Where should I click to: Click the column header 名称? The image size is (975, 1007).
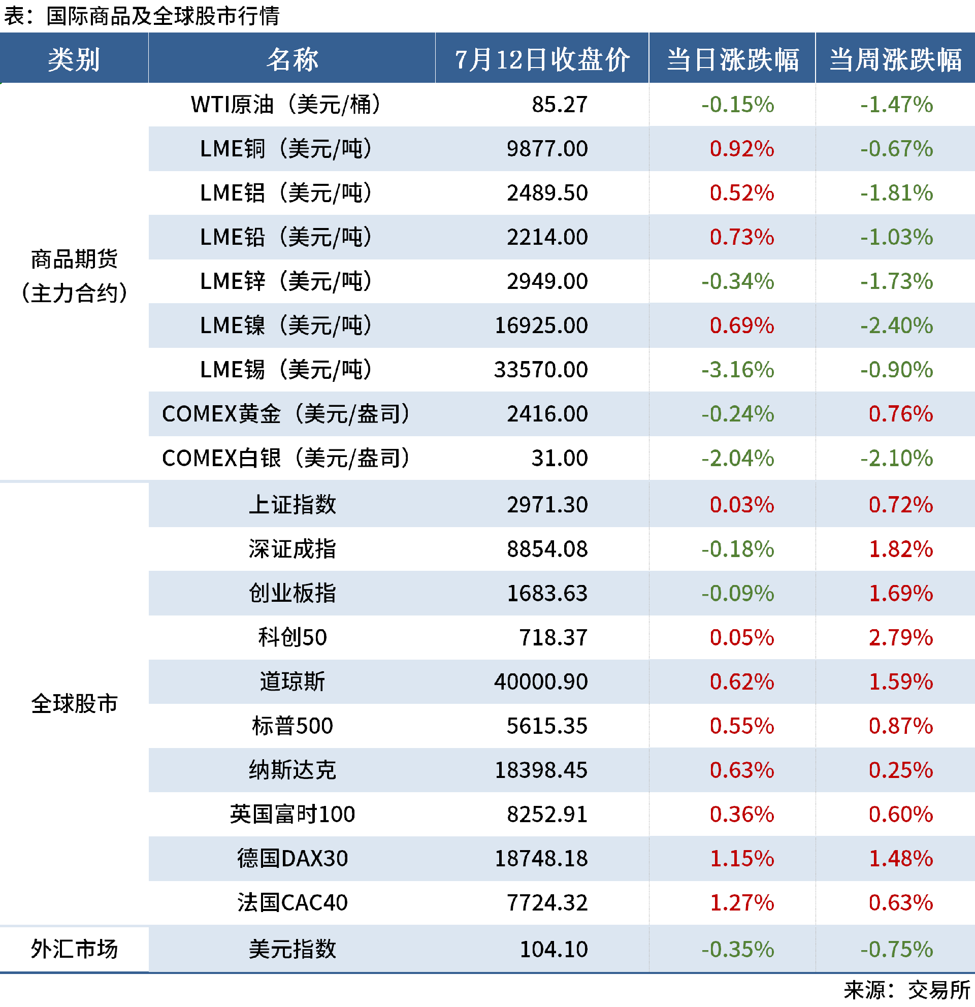[x=292, y=59]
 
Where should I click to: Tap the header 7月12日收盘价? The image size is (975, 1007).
[x=542, y=59]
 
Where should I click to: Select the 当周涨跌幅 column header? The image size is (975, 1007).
[x=895, y=59]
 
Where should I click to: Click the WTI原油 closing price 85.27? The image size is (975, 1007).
[x=560, y=105]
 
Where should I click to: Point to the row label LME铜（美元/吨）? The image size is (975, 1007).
[x=285, y=149]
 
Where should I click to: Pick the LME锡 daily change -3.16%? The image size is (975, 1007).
[x=738, y=370]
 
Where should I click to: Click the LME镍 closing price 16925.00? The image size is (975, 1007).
[x=541, y=326]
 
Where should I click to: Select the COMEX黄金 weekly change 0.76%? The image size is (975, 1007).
[x=900, y=414]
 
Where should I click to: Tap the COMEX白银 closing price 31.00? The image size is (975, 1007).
[x=560, y=458]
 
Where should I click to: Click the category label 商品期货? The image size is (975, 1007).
[x=75, y=259]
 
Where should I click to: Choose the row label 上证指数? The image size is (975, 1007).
[x=292, y=505]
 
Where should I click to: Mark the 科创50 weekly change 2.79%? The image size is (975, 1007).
[x=900, y=638]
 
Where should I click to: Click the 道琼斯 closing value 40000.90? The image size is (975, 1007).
[x=541, y=682]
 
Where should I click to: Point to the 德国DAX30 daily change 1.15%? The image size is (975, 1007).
[x=742, y=859]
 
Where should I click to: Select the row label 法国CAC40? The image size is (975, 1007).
[x=292, y=903]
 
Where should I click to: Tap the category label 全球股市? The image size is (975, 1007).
[x=75, y=704]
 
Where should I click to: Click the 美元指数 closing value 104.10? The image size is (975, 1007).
[x=554, y=950]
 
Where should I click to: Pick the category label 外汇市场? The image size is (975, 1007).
[x=75, y=950]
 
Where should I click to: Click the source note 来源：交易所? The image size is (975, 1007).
[x=906, y=991]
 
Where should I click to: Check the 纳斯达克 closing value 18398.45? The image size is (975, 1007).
[x=541, y=770]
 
